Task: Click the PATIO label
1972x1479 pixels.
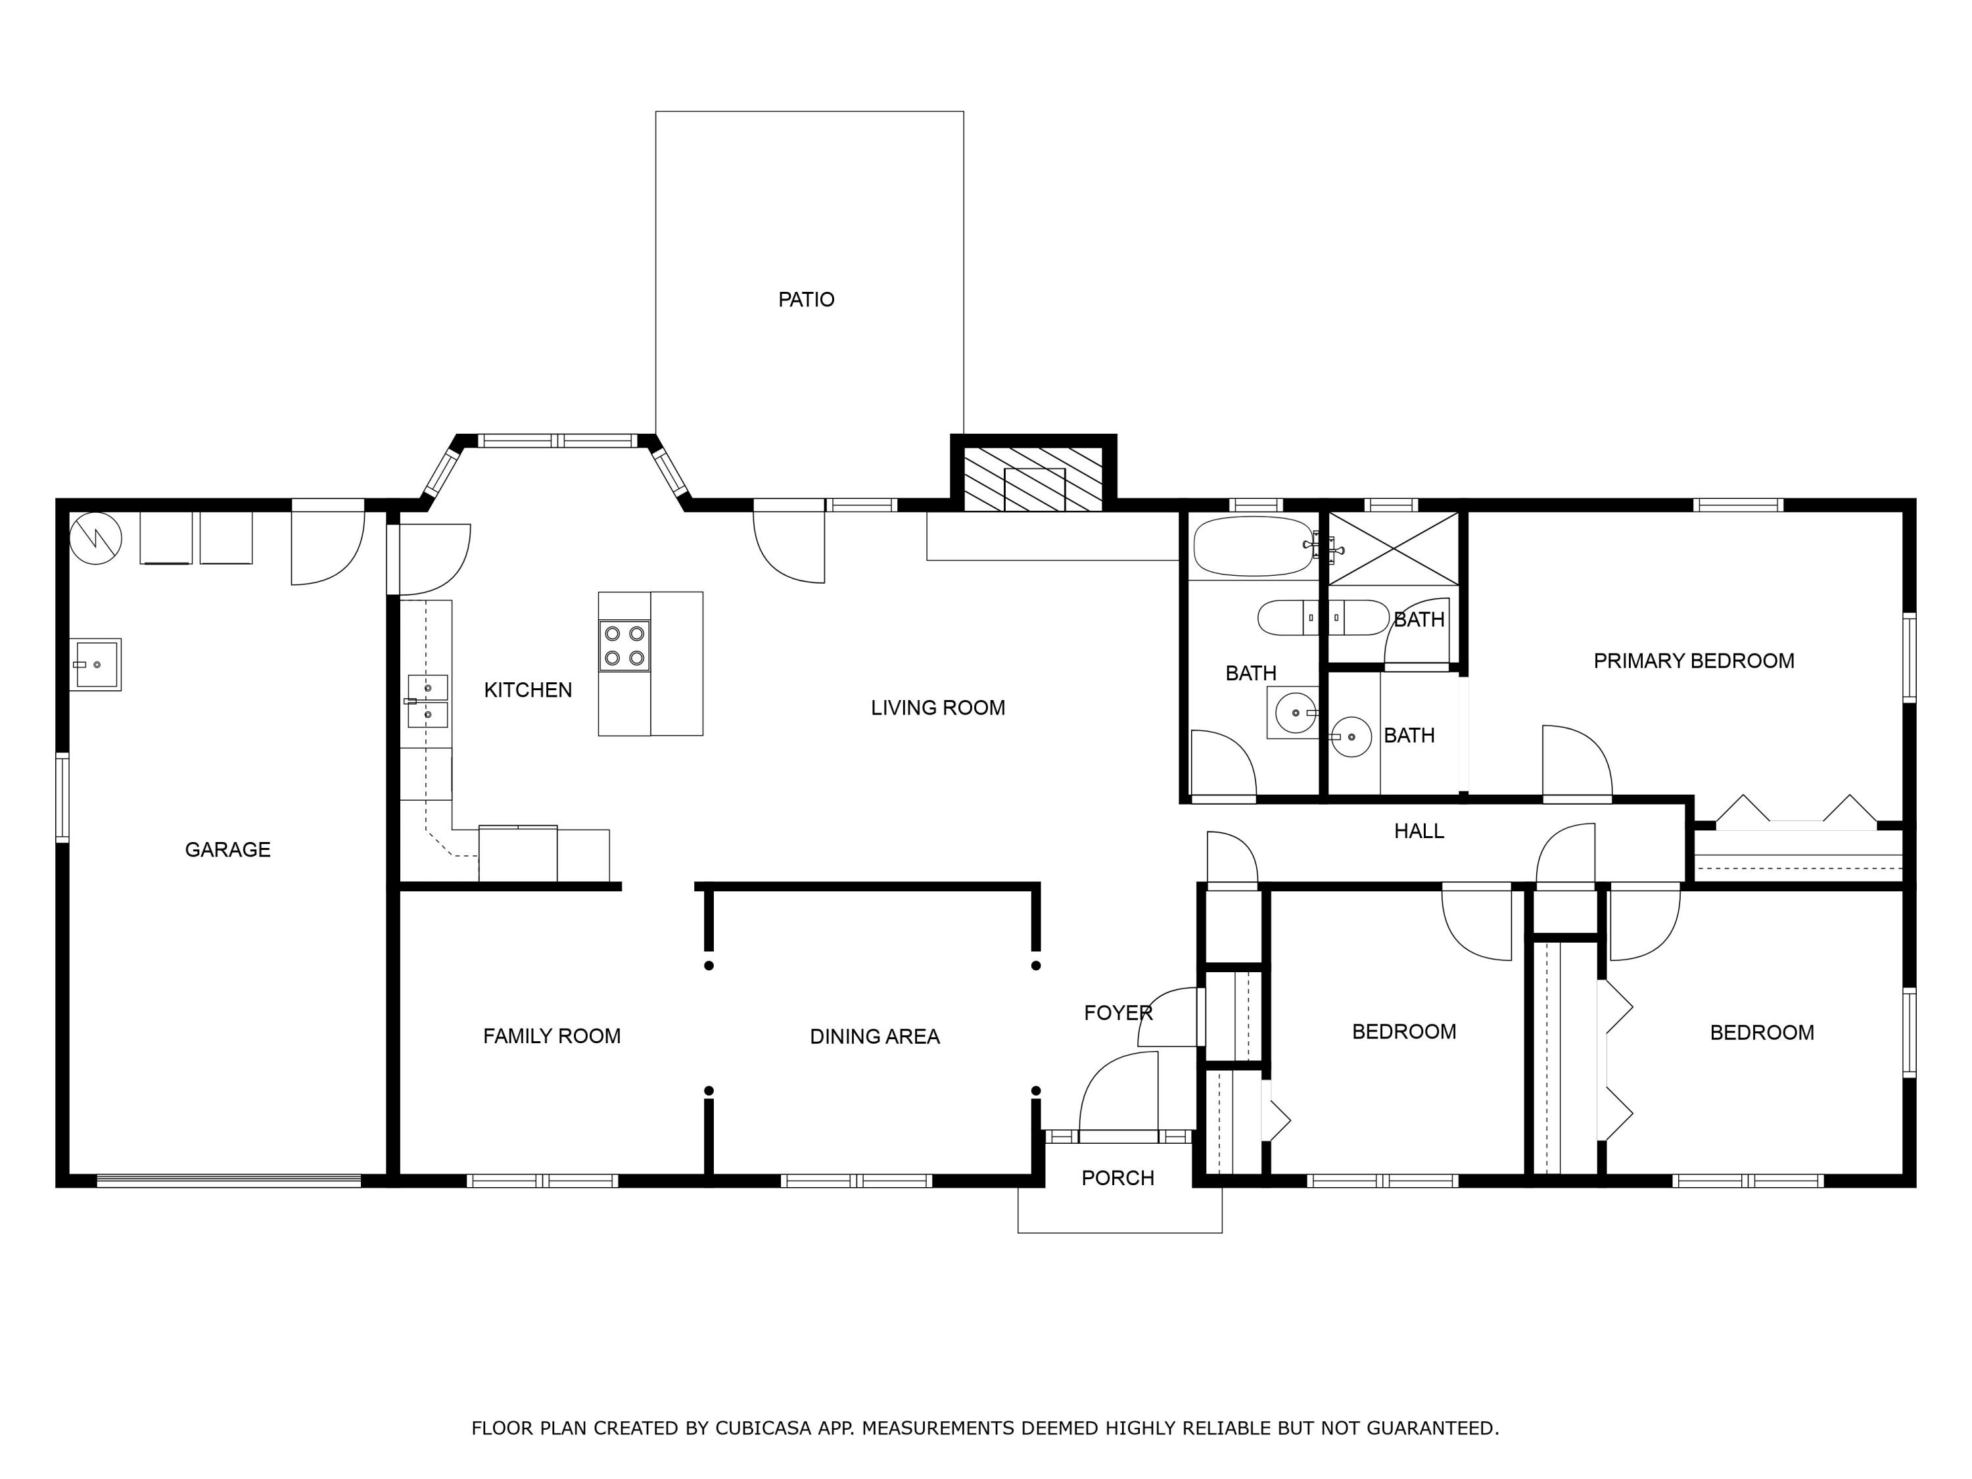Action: [806, 300]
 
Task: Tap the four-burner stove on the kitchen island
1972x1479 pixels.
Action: [624, 646]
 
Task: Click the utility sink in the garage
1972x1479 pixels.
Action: [95, 664]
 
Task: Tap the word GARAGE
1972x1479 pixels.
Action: [227, 849]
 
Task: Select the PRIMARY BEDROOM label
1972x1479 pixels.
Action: [1693, 661]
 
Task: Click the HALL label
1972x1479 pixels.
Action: [1419, 831]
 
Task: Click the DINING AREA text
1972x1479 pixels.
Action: [874, 1036]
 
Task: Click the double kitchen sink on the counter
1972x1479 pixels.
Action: [428, 701]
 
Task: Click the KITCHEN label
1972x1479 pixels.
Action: [528, 689]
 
